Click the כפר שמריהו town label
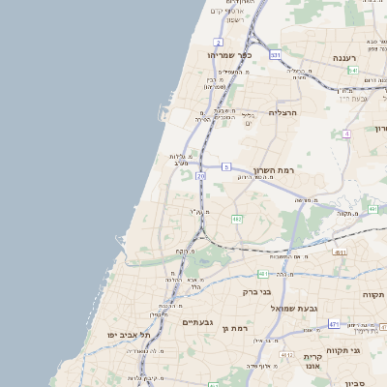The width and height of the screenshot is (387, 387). click(229, 55)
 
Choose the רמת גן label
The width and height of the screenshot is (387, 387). click(235, 329)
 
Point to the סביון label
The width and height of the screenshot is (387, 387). click(372, 382)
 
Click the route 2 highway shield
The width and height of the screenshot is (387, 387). click(219, 43)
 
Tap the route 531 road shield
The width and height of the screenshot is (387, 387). click(276, 56)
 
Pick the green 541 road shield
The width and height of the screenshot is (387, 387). click(354, 71)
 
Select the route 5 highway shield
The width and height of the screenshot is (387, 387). click(225, 166)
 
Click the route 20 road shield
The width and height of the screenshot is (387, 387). click(200, 177)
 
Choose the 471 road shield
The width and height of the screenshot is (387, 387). click(334, 324)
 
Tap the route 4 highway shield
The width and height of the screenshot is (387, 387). click(345, 133)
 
